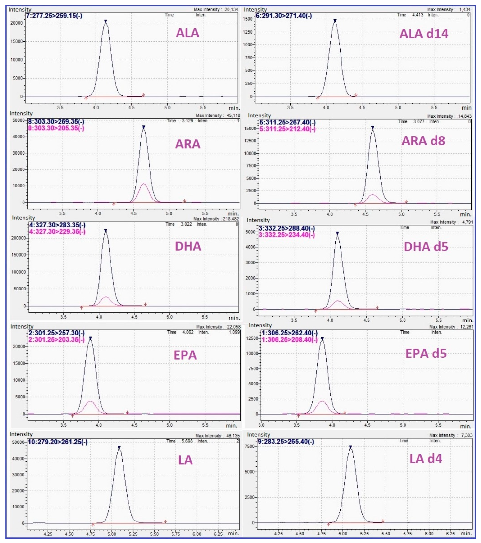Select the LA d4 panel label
pyautogui.click(x=426, y=459)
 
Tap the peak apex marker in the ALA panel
pyautogui.click(x=106, y=21)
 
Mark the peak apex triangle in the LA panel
pyautogui.click(x=119, y=448)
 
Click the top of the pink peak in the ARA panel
pyautogui.click(x=144, y=184)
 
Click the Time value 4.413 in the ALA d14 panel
pyautogui.click(x=417, y=15)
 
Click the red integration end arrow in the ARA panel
pyautogui.click(x=185, y=201)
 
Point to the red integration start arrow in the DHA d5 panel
pyautogui.click(x=316, y=311)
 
